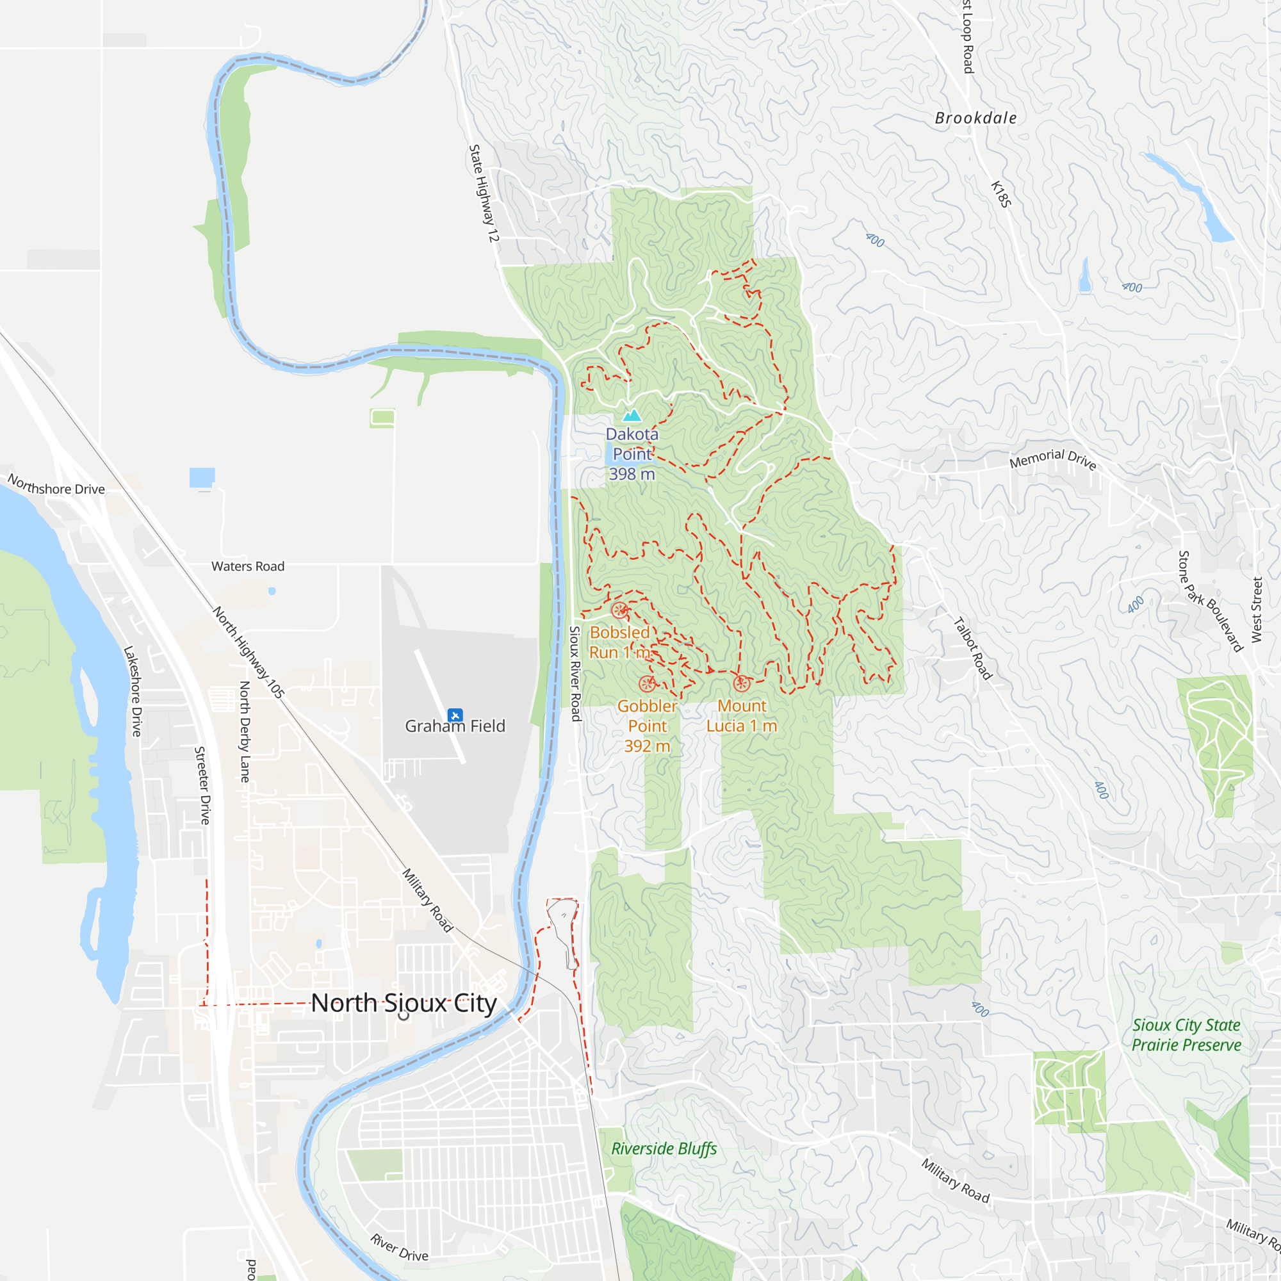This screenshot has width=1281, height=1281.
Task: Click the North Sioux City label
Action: coord(404,1003)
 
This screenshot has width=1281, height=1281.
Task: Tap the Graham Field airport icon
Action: coord(455,715)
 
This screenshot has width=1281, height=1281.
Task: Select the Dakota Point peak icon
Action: coord(632,416)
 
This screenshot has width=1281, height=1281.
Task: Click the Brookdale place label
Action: coord(975,118)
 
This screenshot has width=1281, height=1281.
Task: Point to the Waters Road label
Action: coord(248,566)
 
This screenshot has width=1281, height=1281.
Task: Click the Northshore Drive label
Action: coord(56,485)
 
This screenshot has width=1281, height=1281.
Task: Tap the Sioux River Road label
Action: coord(576,674)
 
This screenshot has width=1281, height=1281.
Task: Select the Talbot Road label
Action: coord(973,648)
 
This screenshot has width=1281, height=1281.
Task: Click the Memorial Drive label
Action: coord(1053,458)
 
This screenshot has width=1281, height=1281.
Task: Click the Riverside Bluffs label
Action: coord(664,1148)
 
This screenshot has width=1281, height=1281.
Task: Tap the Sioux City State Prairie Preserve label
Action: coord(1186,1035)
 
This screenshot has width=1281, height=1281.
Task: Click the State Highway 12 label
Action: coord(484,193)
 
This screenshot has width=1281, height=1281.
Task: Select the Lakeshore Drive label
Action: coord(133,691)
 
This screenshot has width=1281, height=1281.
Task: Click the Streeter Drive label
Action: coord(202,785)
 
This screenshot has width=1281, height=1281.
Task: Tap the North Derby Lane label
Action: coord(245,732)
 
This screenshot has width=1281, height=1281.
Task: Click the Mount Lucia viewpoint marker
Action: coord(741,683)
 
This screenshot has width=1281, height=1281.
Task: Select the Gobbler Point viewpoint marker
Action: coord(647,683)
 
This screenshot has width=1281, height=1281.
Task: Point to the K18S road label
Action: coord(1000,193)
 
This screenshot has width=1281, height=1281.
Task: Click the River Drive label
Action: coord(399,1247)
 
